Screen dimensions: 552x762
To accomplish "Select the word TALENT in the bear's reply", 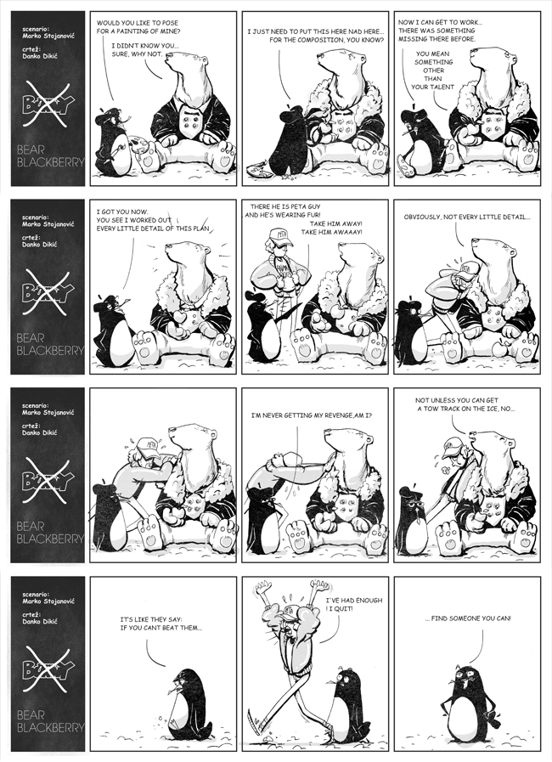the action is pos(442,87).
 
